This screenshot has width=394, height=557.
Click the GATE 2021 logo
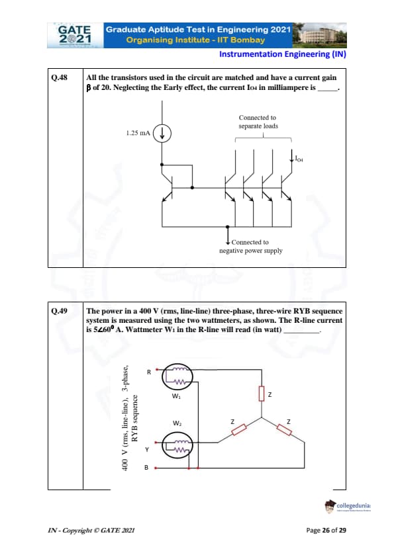coord(75,35)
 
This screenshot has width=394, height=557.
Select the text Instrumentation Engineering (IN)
coord(283,54)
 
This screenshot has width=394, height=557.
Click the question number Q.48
coord(60,77)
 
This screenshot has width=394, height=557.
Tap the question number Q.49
coord(60,311)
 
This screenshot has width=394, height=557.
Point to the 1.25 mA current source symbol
coord(162,134)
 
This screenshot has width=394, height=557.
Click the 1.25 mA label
coord(138,133)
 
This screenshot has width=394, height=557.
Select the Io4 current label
coord(299,158)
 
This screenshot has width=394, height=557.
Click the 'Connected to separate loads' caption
coord(258,122)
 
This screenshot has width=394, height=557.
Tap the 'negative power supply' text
coord(251,251)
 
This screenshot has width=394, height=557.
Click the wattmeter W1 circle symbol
coord(177,376)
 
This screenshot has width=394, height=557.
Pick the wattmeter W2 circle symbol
coord(177,445)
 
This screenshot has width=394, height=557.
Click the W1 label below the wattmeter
coord(176,396)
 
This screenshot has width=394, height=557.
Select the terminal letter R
coord(149,372)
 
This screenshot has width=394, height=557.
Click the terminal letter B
coord(146,468)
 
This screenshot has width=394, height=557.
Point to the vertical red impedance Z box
coord(262,394)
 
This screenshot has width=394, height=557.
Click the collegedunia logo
coord(348,506)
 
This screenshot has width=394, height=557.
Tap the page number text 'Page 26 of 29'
coord(326,530)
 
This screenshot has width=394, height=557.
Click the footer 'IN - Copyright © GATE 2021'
coord(91,531)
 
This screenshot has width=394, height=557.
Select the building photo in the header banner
coord(319,35)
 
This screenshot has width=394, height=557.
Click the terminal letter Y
coord(147,450)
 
